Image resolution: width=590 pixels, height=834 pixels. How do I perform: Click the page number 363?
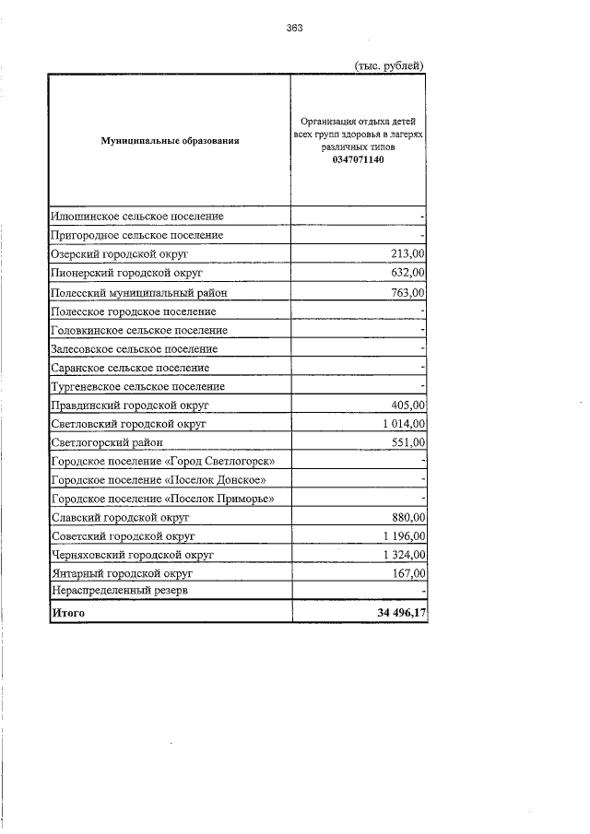pos(294,29)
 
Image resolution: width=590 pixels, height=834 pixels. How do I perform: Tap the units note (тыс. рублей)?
pos(388,65)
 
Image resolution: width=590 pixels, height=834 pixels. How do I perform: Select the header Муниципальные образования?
pos(170,141)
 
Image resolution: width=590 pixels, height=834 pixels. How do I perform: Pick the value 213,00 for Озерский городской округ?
pos(406,253)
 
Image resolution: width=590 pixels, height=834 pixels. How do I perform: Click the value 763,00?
pos(406,292)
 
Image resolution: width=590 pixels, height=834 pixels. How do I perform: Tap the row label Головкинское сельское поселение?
pos(139,330)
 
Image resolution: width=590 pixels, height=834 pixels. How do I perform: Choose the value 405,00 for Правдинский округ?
pos(406,405)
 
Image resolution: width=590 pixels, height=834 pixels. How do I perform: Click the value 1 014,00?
pos(400,424)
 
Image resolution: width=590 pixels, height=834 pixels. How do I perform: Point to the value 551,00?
pos(406,442)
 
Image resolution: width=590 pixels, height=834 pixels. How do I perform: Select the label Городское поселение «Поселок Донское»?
pos(159,480)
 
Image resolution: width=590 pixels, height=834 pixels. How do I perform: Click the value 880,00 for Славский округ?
pos(406,518)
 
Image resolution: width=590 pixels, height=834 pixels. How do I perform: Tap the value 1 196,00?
pos(400,536)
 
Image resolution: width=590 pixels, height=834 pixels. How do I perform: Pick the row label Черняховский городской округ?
pos(133,556)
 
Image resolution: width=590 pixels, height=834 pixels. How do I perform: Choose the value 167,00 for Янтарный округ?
pos(406,574)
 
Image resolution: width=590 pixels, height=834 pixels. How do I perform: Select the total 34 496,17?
pos(395,612)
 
